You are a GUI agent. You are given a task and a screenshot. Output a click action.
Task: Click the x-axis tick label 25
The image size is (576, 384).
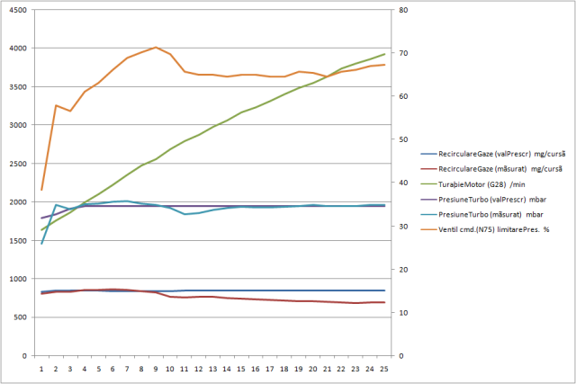point(384,368)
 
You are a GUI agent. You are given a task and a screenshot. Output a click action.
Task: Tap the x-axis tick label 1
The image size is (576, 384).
point(41,368)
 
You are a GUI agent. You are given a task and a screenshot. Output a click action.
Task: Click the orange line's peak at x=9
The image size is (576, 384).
point(157,47)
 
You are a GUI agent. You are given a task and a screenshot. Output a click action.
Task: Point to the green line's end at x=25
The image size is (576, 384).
point(384,54)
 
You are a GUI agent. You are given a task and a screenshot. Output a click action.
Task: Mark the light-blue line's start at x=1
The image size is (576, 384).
point(41,244)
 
